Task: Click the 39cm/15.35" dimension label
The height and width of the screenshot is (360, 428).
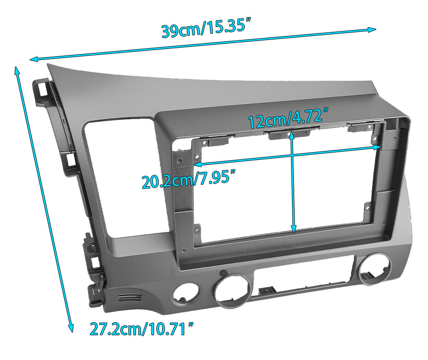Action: tap(206, 27)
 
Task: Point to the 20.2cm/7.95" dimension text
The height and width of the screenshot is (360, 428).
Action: tap(189, 179)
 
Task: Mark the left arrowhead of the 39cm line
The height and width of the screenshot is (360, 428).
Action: tap(33, 59)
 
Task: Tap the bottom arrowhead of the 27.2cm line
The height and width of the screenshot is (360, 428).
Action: tap(71, 328)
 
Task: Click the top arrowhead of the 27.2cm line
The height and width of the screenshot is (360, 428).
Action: tap(17, 71)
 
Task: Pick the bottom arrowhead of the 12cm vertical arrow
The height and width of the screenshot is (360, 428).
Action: tap(293, 229)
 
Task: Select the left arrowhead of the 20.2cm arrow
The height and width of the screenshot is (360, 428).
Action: tap(197, 164)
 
